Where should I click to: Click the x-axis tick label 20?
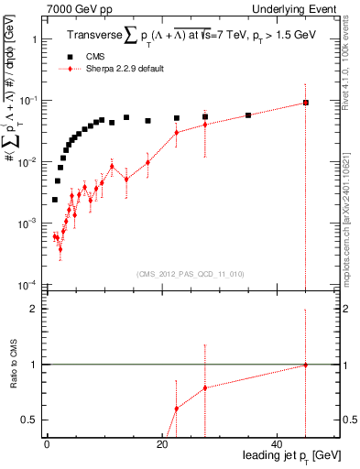pos(162,444)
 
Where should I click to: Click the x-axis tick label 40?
pos(278,444)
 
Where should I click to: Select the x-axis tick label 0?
pos(47,444)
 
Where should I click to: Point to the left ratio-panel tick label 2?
pos(32,310)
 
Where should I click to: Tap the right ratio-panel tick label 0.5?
pos(349,420)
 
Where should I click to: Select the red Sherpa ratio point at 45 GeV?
pos(305,365)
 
